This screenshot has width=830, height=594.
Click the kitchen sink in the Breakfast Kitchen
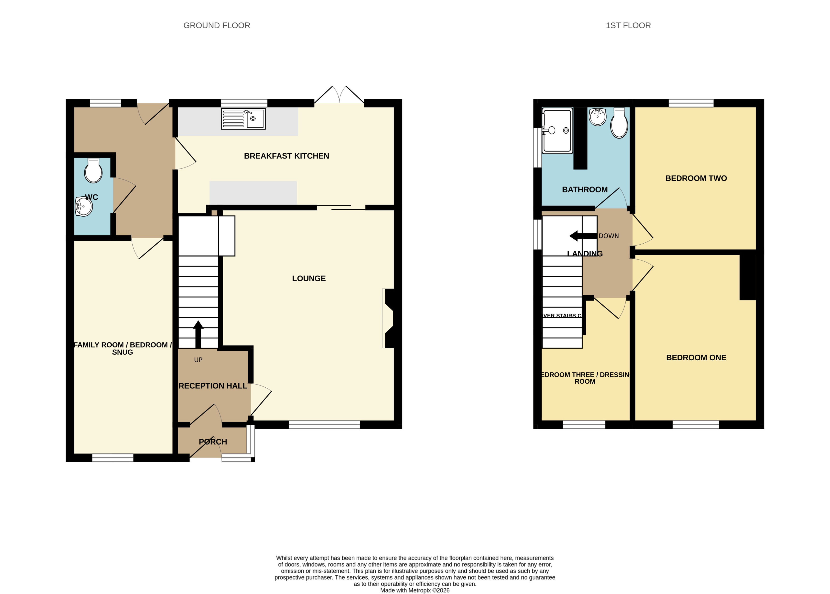[x=243, y=119]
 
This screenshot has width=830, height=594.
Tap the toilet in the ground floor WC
[x=93, y=171]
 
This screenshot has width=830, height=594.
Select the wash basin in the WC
[x=84, y=207]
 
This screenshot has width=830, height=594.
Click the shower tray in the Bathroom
[x=557, y=130]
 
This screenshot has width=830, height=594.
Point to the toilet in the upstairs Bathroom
[x=619, y=124]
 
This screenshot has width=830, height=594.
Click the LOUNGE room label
[x=309, y=278]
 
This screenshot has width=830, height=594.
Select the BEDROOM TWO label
[x=696, y=178]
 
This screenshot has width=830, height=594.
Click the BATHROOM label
[x=585, y=190]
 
